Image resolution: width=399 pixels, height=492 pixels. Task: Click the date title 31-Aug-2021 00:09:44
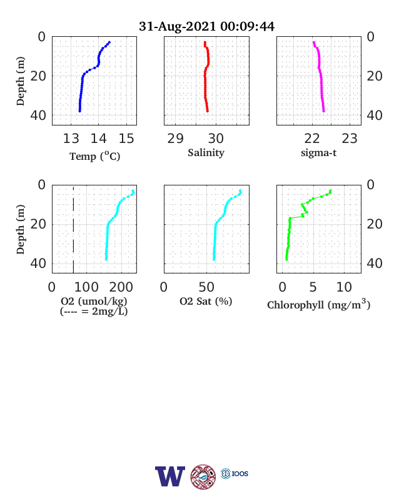pos(206,26)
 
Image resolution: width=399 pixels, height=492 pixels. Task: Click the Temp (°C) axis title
pos(94,156)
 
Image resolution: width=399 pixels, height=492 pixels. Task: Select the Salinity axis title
pos(206,153)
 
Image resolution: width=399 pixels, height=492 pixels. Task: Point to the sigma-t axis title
pos(318,153)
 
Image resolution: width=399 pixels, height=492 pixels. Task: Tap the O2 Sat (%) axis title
pos(206,301)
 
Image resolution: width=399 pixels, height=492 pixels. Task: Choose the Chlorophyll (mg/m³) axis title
pos(318,304)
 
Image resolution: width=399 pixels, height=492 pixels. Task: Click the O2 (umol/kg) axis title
pos(94,301)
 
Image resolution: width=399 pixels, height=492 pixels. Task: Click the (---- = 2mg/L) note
pos(94,312)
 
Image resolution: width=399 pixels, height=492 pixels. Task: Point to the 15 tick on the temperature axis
pos(126,139)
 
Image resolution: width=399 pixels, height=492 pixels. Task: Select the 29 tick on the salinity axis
pos(175,139)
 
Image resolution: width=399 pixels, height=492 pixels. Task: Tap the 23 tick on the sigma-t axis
pos(350,139)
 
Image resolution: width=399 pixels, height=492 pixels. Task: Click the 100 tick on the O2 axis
pos(86,287)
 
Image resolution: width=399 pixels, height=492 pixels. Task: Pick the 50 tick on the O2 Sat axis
pos(206,287)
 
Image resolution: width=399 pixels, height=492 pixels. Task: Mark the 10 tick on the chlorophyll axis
pos(344,287)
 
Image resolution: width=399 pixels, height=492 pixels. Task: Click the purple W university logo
pos(170,476)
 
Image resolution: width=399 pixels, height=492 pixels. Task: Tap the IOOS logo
pos(235,473)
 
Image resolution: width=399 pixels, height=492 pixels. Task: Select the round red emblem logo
pos(203,477)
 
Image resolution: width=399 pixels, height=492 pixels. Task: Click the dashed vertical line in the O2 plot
pos(74,229)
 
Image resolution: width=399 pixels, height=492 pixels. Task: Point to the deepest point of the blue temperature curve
pos(80,111)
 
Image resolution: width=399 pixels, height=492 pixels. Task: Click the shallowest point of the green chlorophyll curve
pos(330,191)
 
